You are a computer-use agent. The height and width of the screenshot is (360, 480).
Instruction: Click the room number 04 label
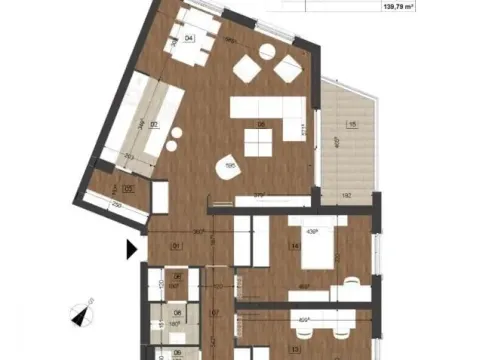coord(190,39)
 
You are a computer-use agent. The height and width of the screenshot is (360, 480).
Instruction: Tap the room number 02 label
coord(153,124)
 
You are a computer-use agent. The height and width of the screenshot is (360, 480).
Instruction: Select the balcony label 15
coord(351,124)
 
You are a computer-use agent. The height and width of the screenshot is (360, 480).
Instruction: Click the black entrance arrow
coord(130,249)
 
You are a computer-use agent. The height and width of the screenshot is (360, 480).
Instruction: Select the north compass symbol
coord(82,314)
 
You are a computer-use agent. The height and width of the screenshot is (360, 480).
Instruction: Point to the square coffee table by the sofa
coord(259,146)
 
